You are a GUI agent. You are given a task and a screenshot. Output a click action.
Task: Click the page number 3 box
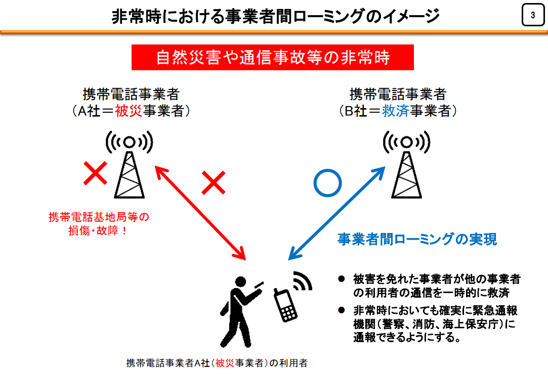pos(533,15)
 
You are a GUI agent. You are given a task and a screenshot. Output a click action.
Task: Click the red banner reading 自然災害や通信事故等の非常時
pos(273,57)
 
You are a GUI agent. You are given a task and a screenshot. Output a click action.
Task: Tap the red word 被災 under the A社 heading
pos(128,111)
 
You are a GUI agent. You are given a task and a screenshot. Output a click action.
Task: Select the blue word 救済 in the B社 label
pos(395,111)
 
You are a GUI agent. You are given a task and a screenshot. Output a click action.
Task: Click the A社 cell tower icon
pos(130,164)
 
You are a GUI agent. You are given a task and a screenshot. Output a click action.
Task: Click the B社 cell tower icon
pos(406,164)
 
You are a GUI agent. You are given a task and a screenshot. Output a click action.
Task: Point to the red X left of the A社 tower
pos(96,173)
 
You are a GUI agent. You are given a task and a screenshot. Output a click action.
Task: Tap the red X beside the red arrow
pos(214,182)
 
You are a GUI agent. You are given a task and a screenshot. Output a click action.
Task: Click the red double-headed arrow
pos(200,213)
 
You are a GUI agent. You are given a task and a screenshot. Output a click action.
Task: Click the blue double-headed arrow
pos(336,213)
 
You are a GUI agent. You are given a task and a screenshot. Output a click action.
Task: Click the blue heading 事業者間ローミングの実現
pos(417,239)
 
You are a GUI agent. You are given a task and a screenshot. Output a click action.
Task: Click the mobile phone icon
pos(285,305)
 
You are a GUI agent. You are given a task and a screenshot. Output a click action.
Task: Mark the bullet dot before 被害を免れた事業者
pos(342,279)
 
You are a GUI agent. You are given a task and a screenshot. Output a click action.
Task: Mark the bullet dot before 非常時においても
pos(342,310)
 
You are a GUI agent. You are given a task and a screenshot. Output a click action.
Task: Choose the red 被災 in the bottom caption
pos(225,363)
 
